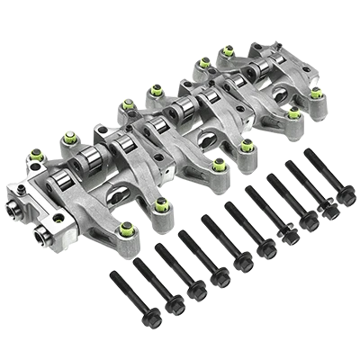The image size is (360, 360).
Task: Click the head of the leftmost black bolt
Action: [114, 271]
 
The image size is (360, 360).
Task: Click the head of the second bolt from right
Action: [291, 166]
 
